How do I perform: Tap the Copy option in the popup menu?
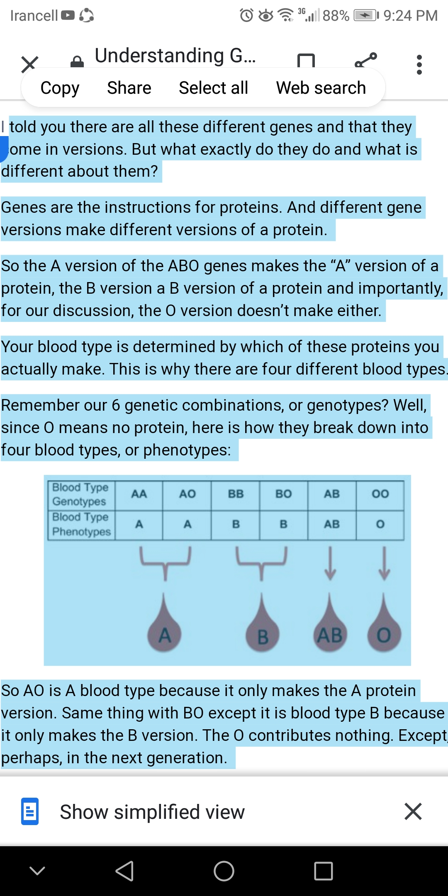pos(60,88)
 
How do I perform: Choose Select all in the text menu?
pos(213,88)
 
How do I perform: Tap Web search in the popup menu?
pos(321,88)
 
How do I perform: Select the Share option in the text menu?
pos(129,88)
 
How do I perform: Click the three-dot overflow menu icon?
pos(419,65)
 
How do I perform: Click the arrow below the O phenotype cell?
pos(384,563)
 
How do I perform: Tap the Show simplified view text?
pos(152,812)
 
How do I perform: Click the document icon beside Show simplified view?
pos(30,811)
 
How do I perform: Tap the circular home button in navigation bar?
pos(224,871)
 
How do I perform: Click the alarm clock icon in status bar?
pos(246,15)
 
